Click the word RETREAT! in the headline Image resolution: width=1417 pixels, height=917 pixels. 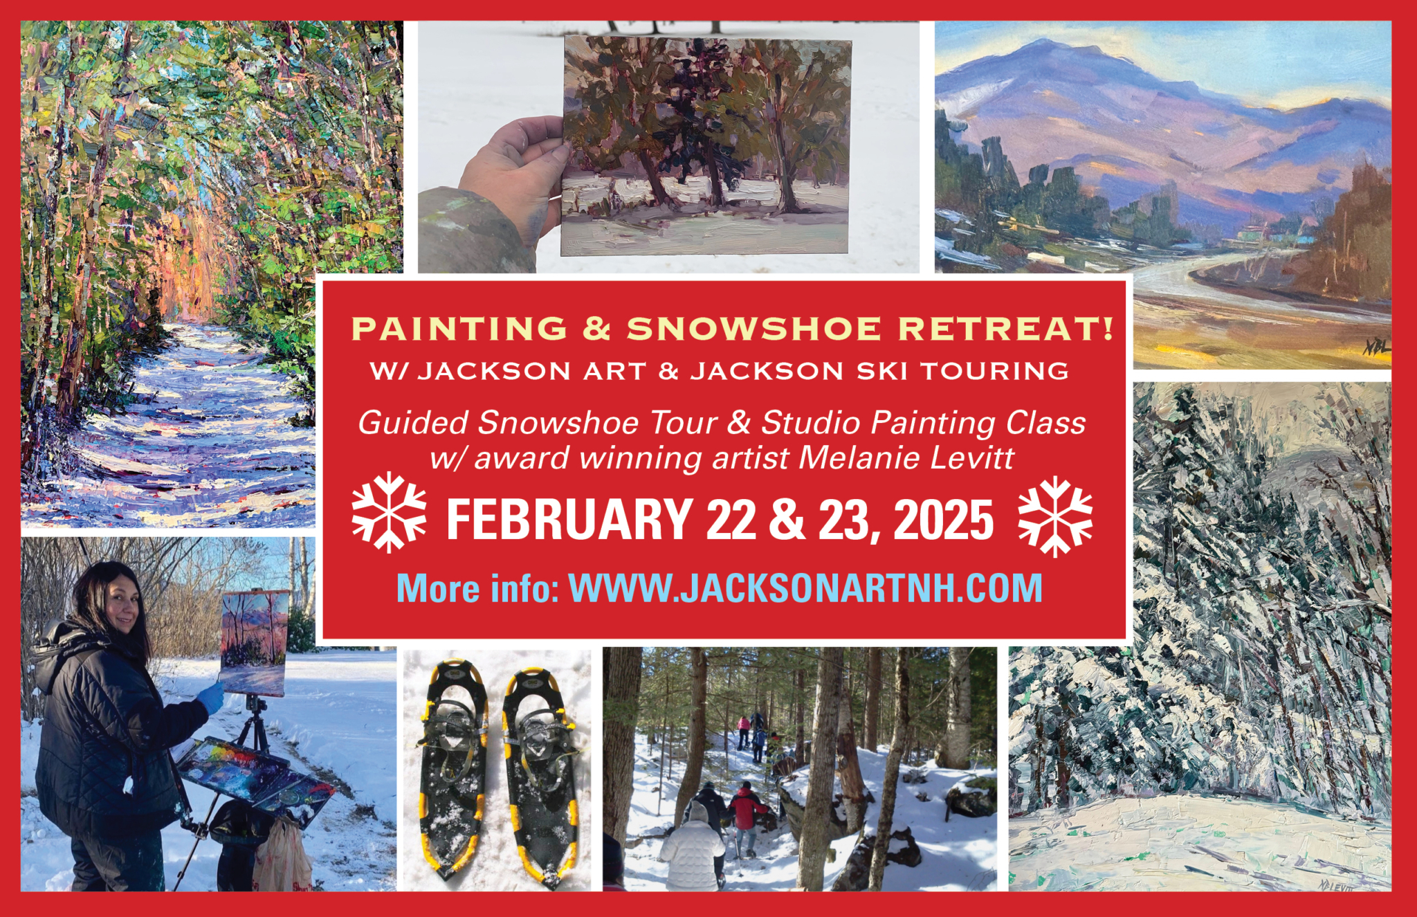1005,329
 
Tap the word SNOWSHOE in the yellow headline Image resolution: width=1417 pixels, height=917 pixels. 754,329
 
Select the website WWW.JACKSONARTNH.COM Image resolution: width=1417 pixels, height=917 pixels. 805,588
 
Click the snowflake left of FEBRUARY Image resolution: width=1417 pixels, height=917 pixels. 389,513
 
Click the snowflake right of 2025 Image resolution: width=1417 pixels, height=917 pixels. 1055,516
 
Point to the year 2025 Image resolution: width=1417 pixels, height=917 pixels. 944,520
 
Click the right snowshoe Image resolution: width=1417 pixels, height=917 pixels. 542,775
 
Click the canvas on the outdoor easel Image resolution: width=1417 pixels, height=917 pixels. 254,643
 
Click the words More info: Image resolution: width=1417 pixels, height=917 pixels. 477,588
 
